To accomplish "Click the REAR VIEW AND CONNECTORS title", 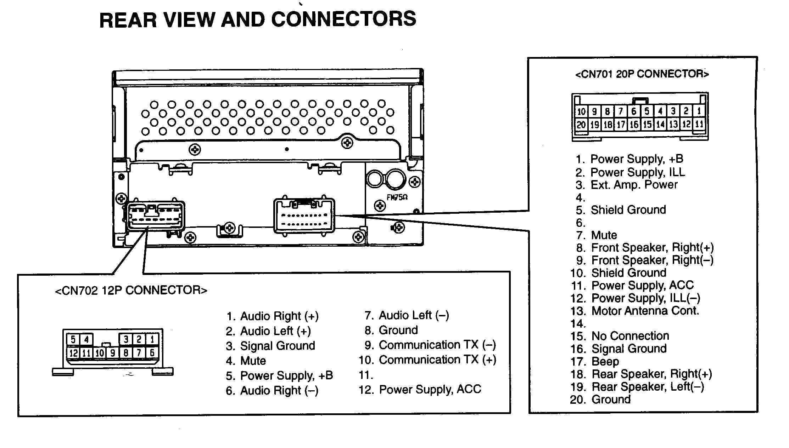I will pyautogui.click(x=258, y=19).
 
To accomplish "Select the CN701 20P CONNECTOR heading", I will pyautogui.click(x=642, y=74).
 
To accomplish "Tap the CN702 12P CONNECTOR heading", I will pyautogui.click(x=131, y=290).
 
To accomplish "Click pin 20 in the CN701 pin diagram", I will pyautogui.click(x=581, y=125).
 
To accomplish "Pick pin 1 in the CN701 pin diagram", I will pyautogui.click(x=699, y=111).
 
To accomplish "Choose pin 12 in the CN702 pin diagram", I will pyautogui.click(x=73, y=353).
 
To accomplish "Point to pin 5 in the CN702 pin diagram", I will pyautogui.click(x=73, y=339).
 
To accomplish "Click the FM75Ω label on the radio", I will pyautogui.click(x=397, y=197).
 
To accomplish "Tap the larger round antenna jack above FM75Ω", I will pyautogui.click(x=396, y=179).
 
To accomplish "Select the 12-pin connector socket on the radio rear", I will pyautogui.click(x=155, y=216).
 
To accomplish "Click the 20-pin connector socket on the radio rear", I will pyautogui.click(x=304, y=216).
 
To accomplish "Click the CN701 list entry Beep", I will pyautogui.click(x=605, y=362).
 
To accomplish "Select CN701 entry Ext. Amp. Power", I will pyautogui.click(x=634, y=185).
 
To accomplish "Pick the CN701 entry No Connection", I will pyautogui.click(x=630, y=336).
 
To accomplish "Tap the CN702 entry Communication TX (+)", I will pyautogui.click(x=437, y=360).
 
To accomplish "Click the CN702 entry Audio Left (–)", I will pyautogui.click(x=414, y=315).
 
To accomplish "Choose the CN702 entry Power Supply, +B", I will pyautogui.click(x=286, y=375).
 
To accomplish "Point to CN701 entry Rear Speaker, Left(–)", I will pyautogui.click(x=648, y=387).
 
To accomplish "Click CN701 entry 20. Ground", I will pyautogui.click(x=611, y=400).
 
